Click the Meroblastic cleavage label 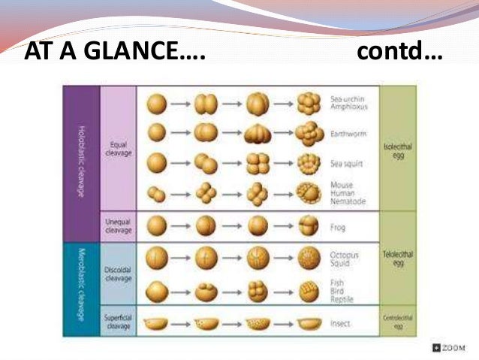[x=80, y=282]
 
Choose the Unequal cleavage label [x=118, y=226]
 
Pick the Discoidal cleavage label [x=118, y=274]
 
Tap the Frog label [x=339, y=226]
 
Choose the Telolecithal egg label [x=398, y=259]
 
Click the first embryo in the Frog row [x=156, y=226]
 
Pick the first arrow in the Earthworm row [x=180, y=133]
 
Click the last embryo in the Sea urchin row [x=308, y=102]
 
